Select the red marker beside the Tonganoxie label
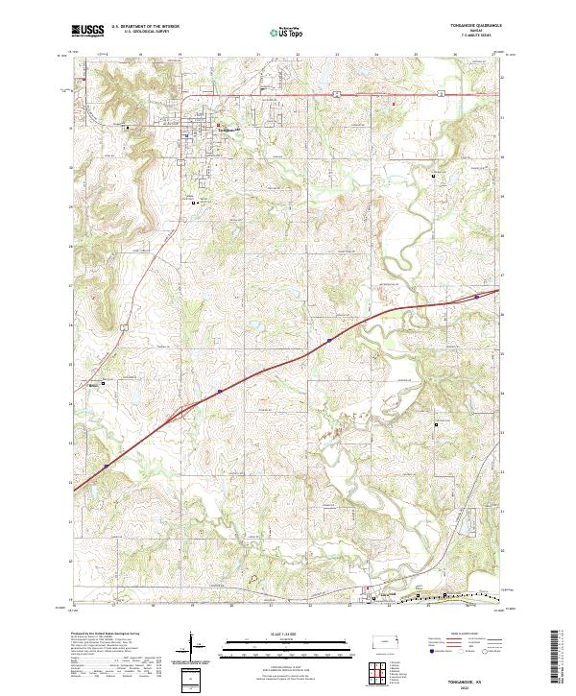click(x=218, y=125)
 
